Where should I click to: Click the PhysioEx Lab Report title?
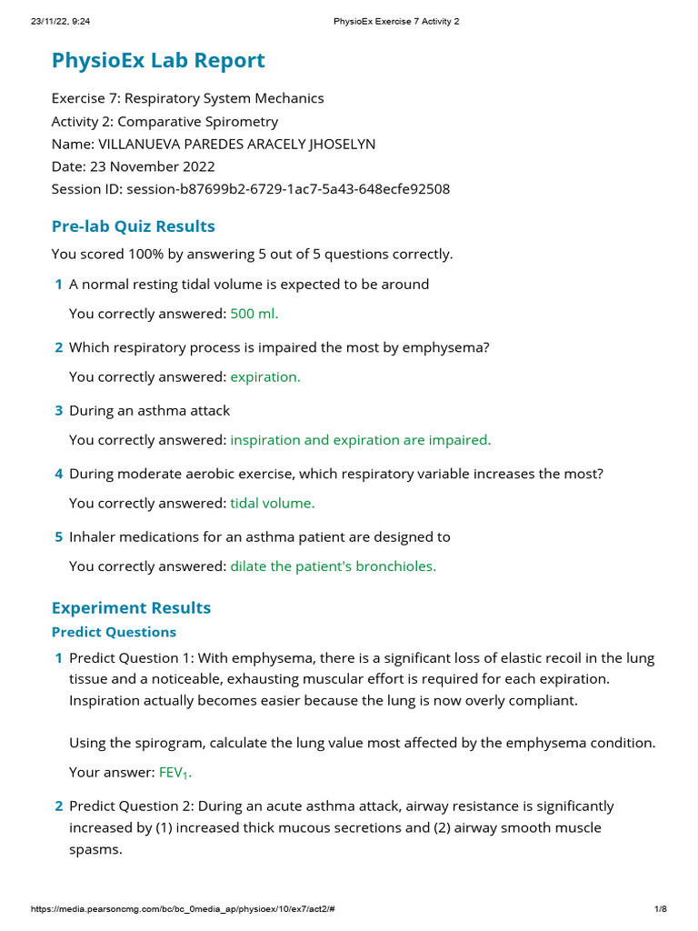(x=158, y=61)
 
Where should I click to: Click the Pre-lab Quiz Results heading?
(x=133, y=225)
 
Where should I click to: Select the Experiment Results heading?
(x=131, y=607)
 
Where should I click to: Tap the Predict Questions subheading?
(x=114, y=632)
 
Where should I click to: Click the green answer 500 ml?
(x=254, y=314)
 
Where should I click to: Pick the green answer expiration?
(x=264, y=376)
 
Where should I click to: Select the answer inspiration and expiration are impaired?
(x=360, y=440)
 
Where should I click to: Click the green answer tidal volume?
(x=273, y=503)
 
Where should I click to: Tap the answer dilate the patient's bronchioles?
(x=333, y=566)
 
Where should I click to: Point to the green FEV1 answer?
(x=175, y=773)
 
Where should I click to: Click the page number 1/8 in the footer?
(x=661, y=909)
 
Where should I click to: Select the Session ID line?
(x=250, y=189)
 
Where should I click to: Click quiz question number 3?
(x=59, y=411)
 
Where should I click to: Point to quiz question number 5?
(x=59, y=537)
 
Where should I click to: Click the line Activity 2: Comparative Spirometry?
(x=165, y=121)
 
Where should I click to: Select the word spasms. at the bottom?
(x=95, y=849)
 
